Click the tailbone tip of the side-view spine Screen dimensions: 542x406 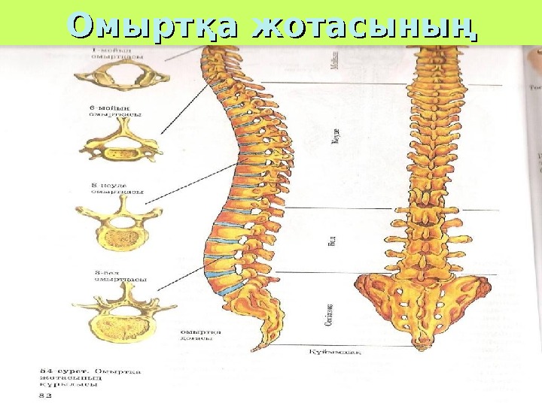tap(258, 348)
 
